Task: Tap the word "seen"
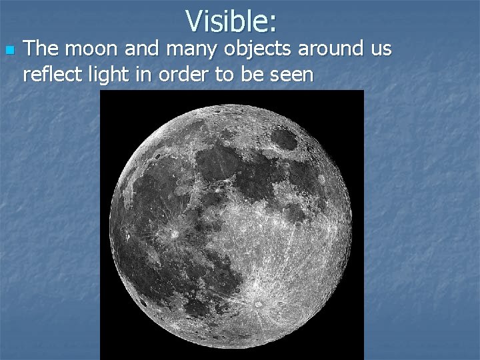[x=289, y=73]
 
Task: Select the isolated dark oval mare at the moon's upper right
[x=285, y=139]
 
